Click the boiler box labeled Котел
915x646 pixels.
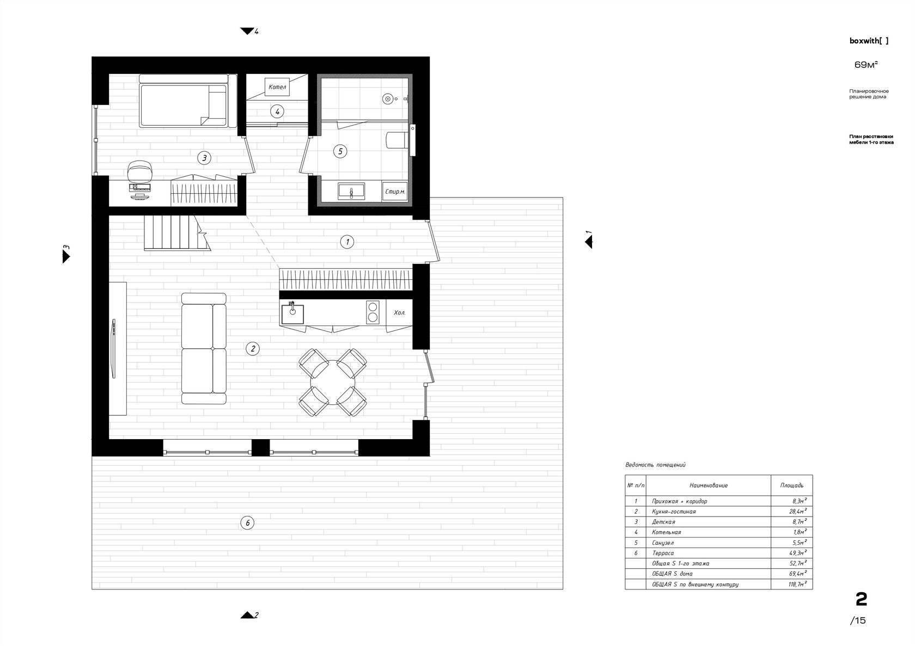277,87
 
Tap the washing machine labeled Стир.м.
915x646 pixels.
394,192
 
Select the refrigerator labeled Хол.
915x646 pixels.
399,312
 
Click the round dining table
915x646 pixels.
332,383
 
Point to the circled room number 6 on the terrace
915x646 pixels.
247,523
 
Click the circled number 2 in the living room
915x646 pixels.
253,348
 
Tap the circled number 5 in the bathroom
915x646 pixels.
340,151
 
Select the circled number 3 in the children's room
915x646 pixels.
204,158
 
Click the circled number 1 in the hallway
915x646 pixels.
347,242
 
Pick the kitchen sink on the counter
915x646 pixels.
292,314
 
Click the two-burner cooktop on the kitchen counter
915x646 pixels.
373,312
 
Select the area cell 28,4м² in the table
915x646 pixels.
798,512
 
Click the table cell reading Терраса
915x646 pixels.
663,553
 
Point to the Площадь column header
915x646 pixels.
792,485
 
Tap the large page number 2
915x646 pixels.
861,600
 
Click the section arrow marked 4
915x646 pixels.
247,31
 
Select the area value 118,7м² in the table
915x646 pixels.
797,585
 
